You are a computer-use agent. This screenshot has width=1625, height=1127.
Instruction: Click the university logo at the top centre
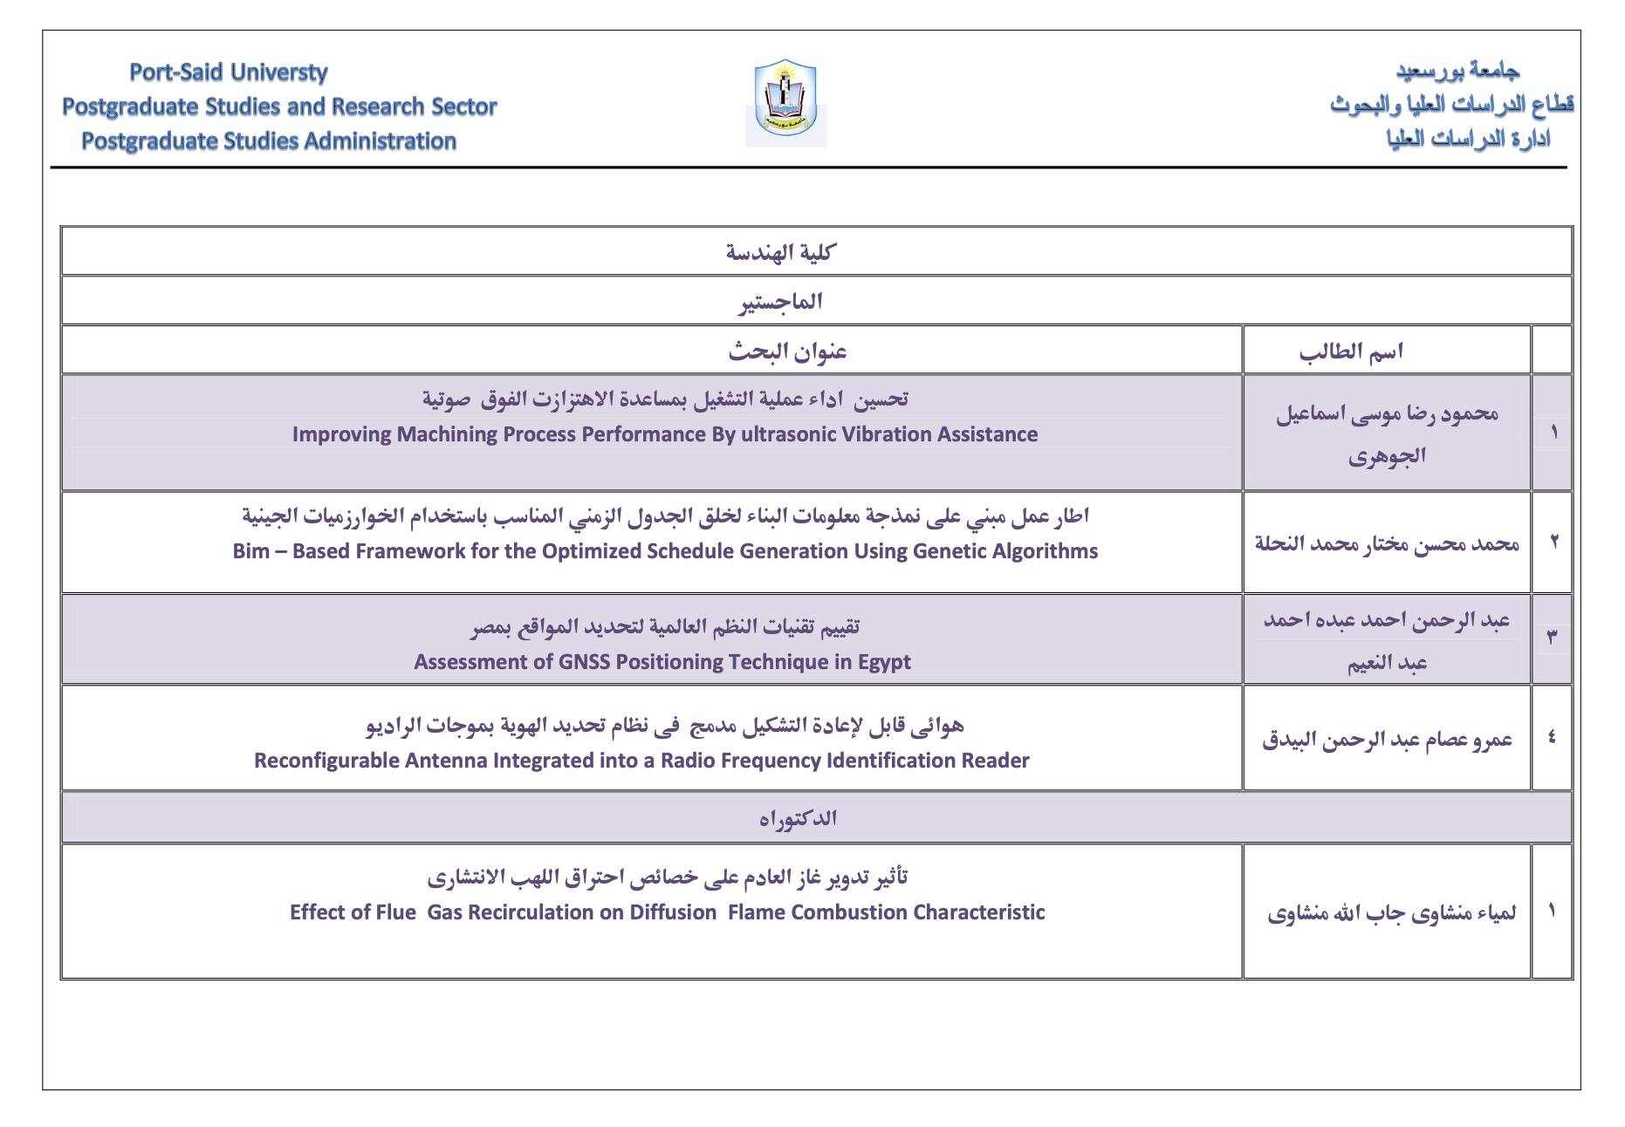[785, 103]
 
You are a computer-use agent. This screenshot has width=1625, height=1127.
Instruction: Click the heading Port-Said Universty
[229, 72]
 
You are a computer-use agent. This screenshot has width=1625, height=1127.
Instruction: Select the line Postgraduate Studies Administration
[269, 141]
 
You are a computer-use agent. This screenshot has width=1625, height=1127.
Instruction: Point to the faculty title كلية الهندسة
[780, 252]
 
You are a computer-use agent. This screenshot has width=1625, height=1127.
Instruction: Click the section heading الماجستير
[780, 302]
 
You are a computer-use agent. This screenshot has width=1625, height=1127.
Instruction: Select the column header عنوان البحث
[787, 352]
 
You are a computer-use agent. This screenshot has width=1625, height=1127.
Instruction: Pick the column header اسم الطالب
[1350, 352]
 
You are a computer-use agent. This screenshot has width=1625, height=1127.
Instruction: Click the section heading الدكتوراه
[798, 818]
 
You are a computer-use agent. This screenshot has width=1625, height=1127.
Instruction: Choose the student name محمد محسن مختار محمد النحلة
[1387, 543]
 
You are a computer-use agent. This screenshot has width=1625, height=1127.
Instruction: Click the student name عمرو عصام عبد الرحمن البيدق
[1387, 741]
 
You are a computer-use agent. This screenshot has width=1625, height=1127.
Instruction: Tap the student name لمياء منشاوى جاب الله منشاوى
[1391, 913]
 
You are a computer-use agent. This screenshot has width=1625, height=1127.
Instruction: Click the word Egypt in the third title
[884, 662]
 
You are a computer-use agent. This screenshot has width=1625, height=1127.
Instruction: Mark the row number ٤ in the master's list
[1552, 738]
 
